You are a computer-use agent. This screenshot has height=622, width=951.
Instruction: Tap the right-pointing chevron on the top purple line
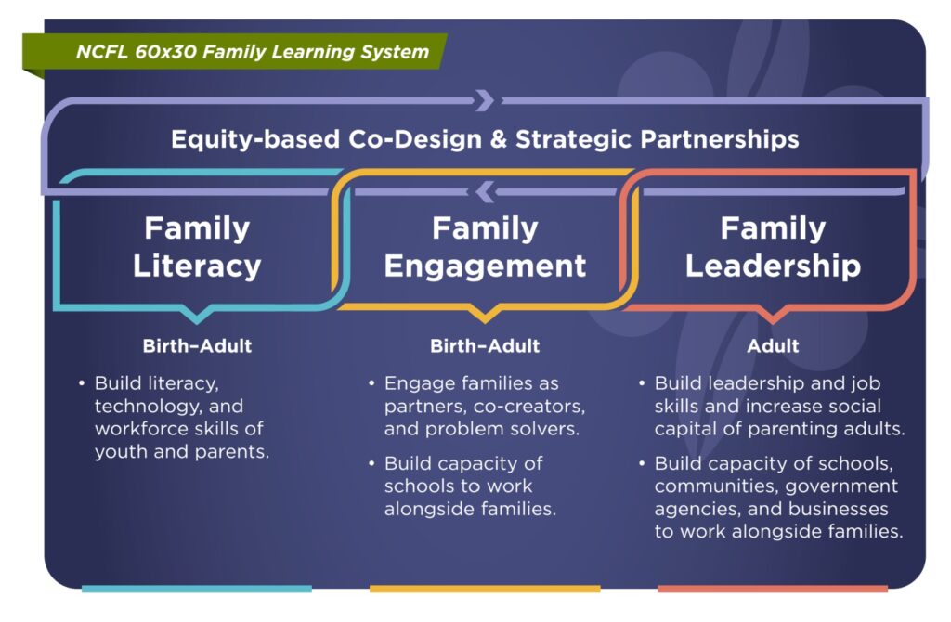(x=485, y=100)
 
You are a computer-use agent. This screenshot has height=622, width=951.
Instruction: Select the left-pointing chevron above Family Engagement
(x=485, y=191)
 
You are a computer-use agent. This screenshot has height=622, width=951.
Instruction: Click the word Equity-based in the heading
(x=255, y=139)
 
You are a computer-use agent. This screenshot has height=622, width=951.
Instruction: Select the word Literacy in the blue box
(x=197, y=266)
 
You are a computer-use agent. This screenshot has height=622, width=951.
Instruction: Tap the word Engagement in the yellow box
(x=485, y=266)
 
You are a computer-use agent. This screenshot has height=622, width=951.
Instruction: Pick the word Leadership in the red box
(x=774, y=266)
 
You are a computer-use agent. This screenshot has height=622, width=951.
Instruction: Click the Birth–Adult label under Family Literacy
(x=197, y=346)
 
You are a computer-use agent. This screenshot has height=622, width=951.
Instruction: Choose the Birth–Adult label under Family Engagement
(x=485, y=346)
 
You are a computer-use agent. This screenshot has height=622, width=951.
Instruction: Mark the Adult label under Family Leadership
(x=774, y=346)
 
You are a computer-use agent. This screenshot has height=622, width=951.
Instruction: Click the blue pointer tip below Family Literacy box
(x=197, y=322)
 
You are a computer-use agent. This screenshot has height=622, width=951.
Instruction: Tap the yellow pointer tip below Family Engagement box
(x=485, y=322)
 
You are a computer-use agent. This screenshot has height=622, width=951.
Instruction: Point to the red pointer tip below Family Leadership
(x=773, y=322)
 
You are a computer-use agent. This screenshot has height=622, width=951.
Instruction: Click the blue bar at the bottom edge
(x=197, y=589)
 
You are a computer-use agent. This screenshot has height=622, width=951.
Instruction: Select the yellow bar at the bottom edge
(x=485, y=589)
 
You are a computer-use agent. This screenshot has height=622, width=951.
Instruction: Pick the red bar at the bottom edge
(x=773, y=589)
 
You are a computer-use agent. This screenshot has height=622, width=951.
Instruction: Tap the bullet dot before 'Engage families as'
(x=371, y=383)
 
